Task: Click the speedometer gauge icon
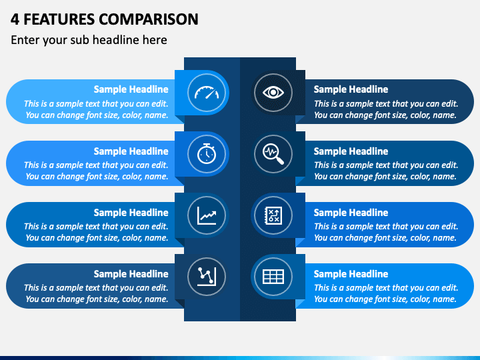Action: pyautogui.click(x=207, y=93)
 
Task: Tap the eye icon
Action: pyautogui.click(x=273, y=93)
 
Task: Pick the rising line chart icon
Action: pyautogui.click(x=207, y=215)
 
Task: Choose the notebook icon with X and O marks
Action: pyautogui.click(x=273, y=215)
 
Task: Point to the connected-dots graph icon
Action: pyautogui.click(x=207, y=276)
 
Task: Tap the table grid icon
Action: pyautogui.click(x=273, y=276)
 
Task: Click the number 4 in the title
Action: pyautogui.click(x=15, y=19)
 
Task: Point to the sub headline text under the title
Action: pyautogui.click(x=89, y=40)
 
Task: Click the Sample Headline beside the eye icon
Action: pyautogui.click(x=351, y=89)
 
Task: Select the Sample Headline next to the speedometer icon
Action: pyautogui.click(x=131, y=89)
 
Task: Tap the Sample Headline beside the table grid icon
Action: pyautogui.click(x=351, y=274)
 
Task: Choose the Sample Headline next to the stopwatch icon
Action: pyautogui.click(x=131, y=151)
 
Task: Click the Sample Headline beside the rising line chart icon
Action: pyautogui.click(x=131, y=213)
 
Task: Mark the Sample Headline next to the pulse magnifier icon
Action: pyautogui.click(x=351, y=151)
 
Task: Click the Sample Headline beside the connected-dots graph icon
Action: pyautogui.click(x=131, y=274)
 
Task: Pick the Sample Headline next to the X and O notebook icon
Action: pyautogui.click(x=351, y=213)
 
